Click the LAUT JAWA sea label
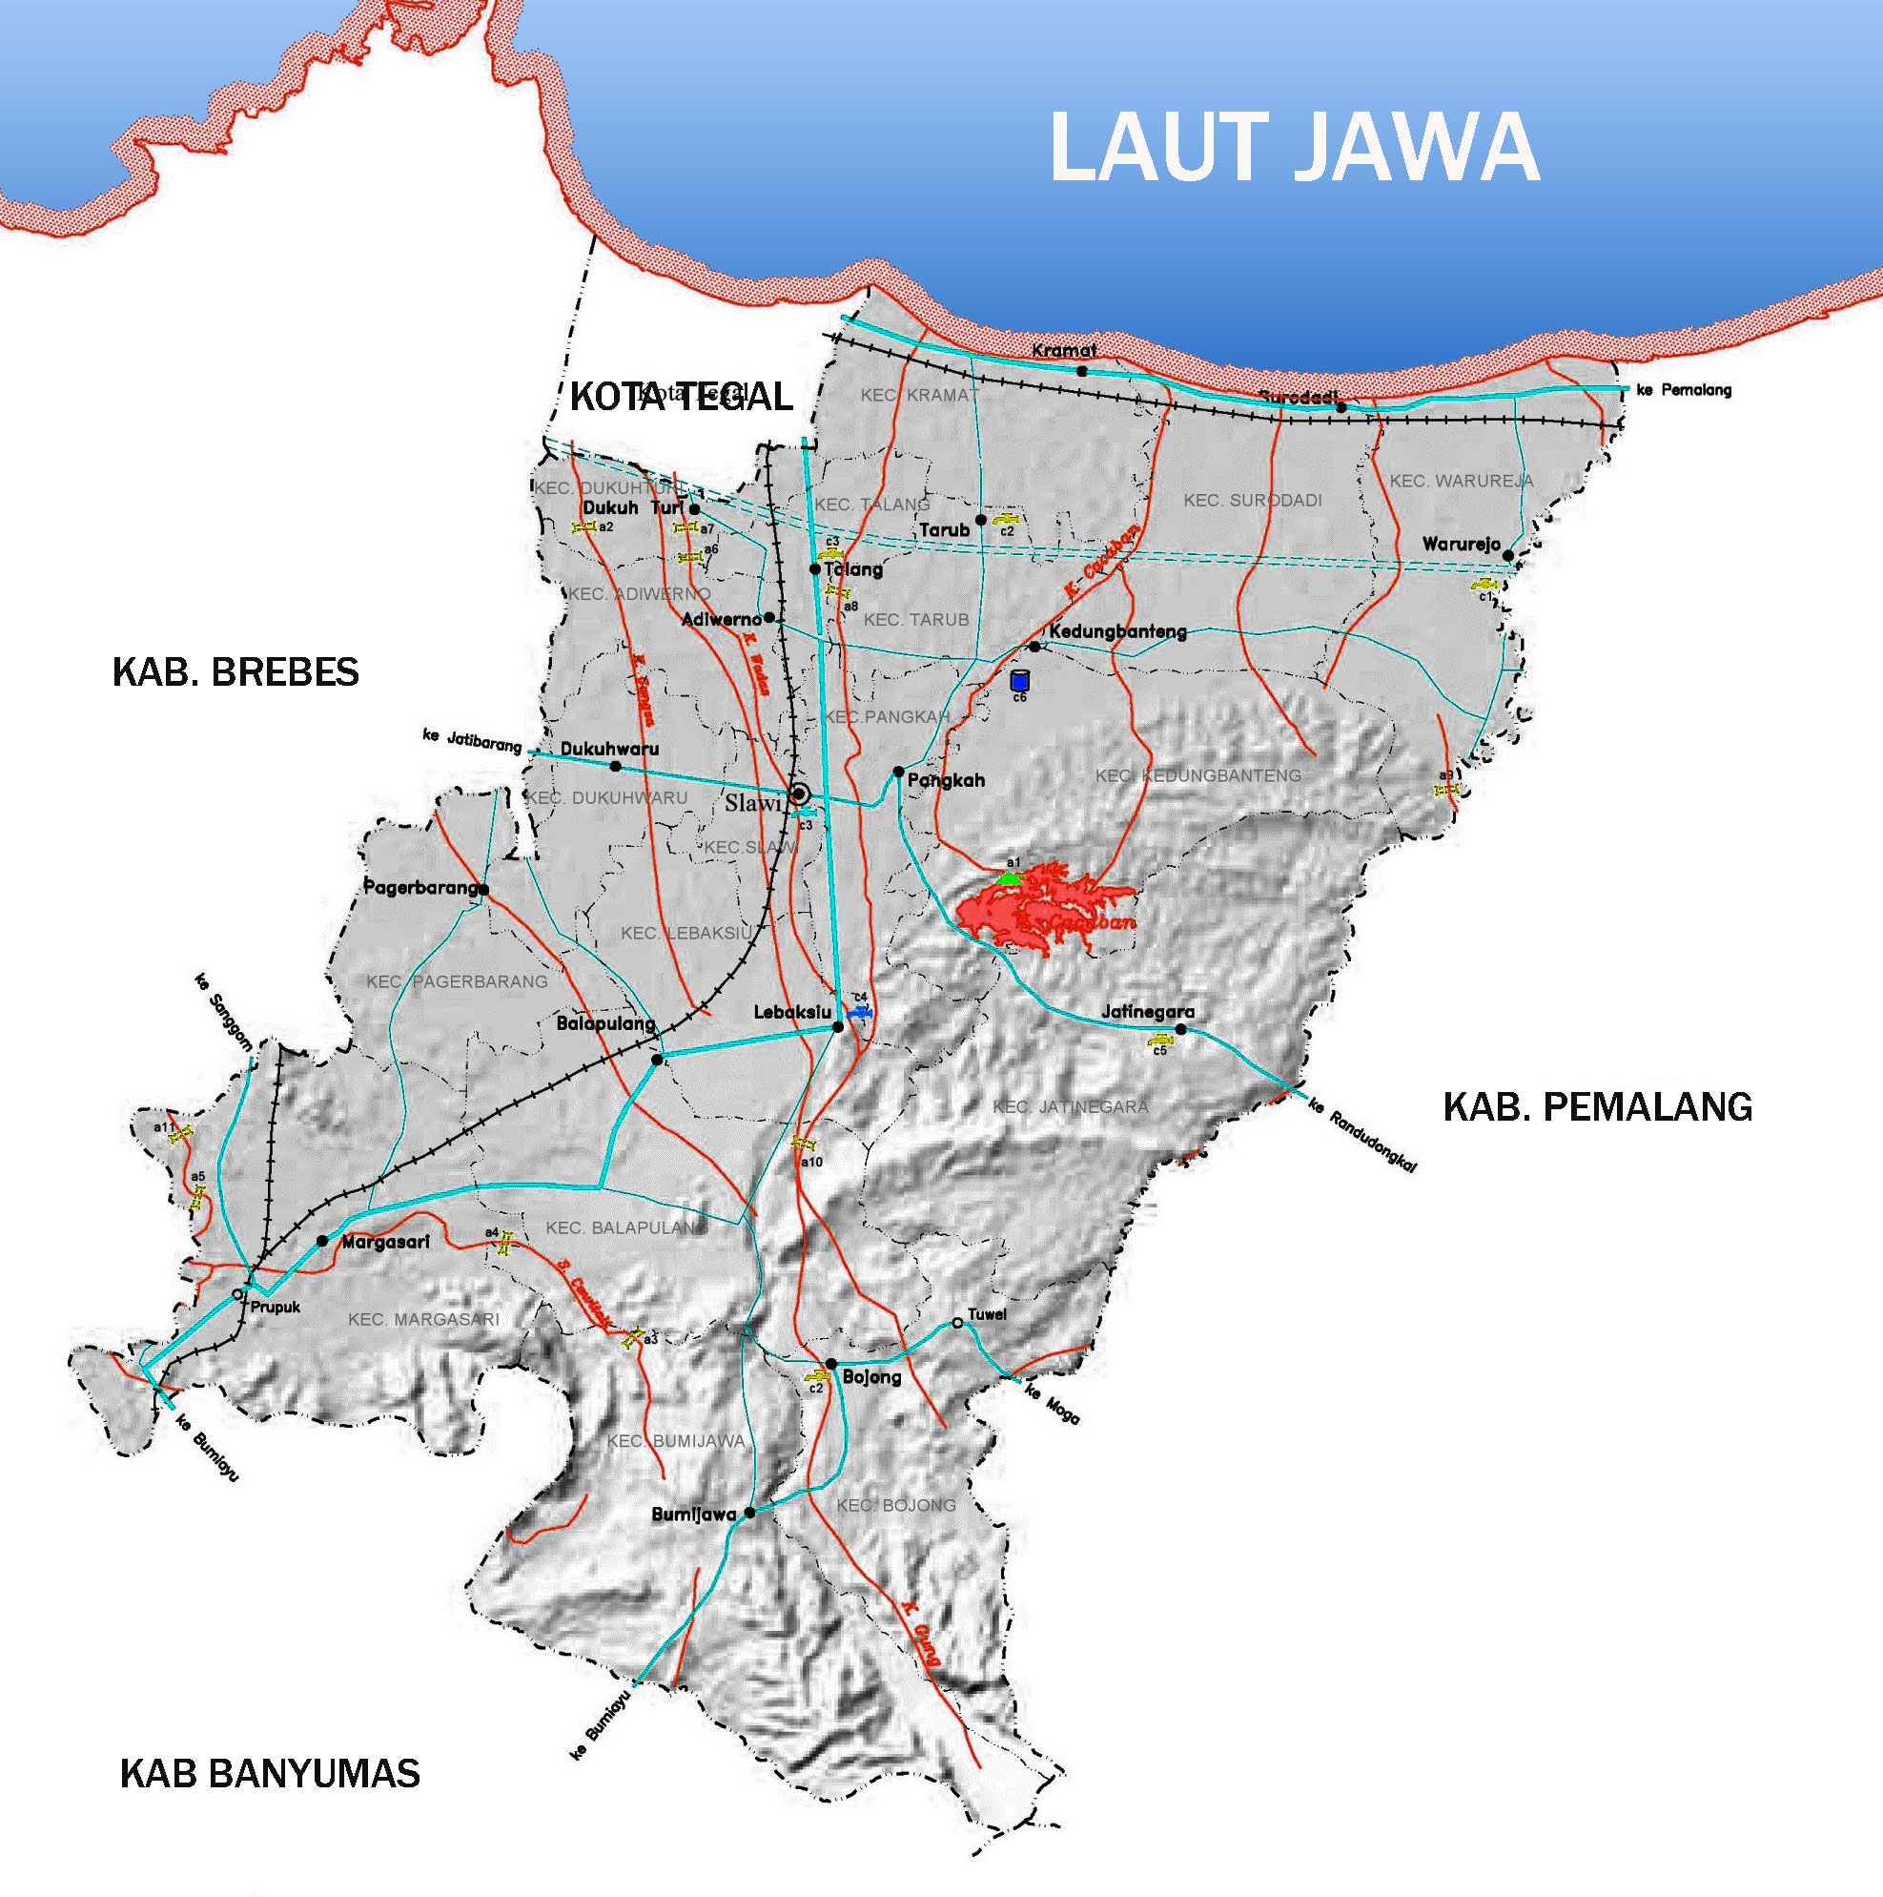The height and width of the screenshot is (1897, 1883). point(1294,147)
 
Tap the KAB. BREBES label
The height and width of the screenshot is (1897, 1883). point(235,672)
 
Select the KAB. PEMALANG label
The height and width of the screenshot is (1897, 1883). point(1597,1106)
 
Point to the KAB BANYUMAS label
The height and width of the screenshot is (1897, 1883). point(270,1773)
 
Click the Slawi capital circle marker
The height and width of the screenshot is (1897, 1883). point(799,794)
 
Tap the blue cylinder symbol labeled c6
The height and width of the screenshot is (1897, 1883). point(1019,680)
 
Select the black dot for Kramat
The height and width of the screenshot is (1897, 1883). point(1082,371)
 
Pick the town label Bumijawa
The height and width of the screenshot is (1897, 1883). point(693,1514)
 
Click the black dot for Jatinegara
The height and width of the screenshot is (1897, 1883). point(1181,1030)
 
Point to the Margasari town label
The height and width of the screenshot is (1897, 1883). point(385,1242)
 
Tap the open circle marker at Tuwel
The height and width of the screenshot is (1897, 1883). point(957,1324)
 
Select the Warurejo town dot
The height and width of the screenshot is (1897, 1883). point(1508,556)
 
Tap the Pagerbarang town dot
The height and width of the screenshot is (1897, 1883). point(484,890)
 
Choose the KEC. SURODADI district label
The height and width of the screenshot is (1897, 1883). point(1252,501)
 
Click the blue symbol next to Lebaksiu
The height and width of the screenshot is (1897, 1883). point(860,1011)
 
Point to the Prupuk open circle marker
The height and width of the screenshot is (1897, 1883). point(237,1295)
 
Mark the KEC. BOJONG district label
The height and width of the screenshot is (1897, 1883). point(895,1505)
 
